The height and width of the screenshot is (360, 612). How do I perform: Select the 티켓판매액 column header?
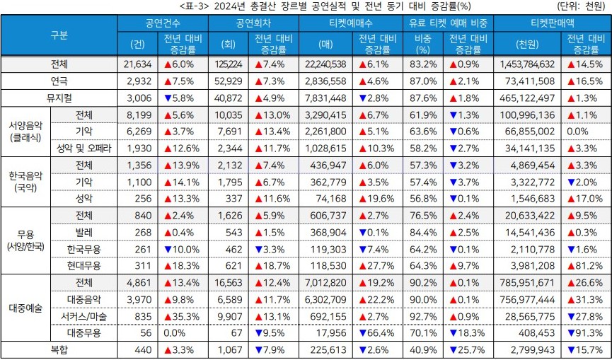point(551,23)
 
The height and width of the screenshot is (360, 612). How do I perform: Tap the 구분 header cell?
point(59,35)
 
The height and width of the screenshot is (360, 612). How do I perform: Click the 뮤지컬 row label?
point(59,98)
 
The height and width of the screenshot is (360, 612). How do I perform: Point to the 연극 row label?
point(59,81)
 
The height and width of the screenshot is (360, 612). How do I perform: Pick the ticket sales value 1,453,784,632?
point(526,64)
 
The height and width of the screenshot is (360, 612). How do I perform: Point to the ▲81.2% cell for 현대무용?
point(585,265)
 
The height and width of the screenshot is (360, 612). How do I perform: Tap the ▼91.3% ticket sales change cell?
point(585,332)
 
